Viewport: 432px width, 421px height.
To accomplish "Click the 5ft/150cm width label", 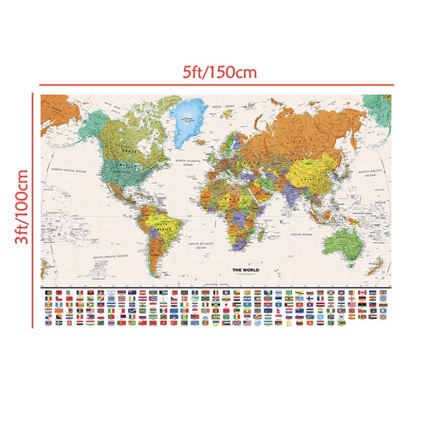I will click(220, 72).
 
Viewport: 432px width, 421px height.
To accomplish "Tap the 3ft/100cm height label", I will click(21, 207).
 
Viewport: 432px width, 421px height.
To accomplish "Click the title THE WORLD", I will click(245, 270).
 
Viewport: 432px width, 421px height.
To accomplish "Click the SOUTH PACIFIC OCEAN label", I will click(110, 257).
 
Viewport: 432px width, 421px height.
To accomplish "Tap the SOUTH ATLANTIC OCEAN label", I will click(201, 245).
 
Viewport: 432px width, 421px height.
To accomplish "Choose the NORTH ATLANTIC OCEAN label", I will click(188, 163).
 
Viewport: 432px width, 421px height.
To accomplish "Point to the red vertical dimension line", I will click(33, 209).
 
